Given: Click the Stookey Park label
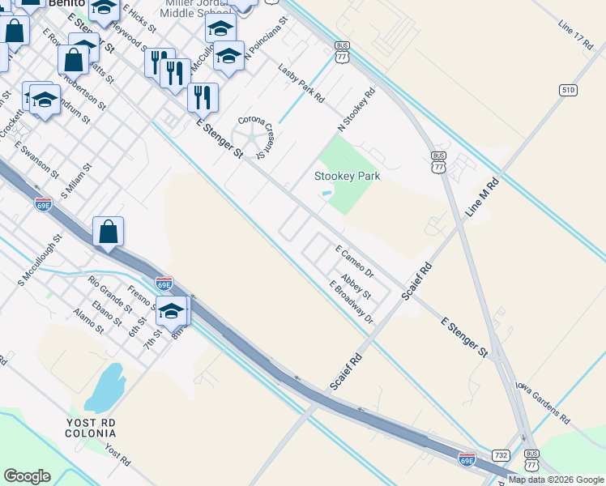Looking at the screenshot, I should click(347, 176).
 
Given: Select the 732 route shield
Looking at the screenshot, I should click(501, 455).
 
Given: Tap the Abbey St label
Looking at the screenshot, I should click(356, 286).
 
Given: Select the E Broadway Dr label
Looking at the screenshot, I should click(351, 302).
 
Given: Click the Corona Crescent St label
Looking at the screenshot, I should click(260, 134).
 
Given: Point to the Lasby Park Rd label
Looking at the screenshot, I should click(301, 83).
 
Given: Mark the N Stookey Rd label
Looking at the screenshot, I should click(356, 111).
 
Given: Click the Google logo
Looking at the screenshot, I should click(28, 476).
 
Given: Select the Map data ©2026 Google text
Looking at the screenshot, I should click(555, 480).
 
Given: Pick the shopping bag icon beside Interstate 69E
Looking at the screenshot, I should click(108, 232).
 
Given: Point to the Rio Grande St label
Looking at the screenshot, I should click(110, 295).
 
